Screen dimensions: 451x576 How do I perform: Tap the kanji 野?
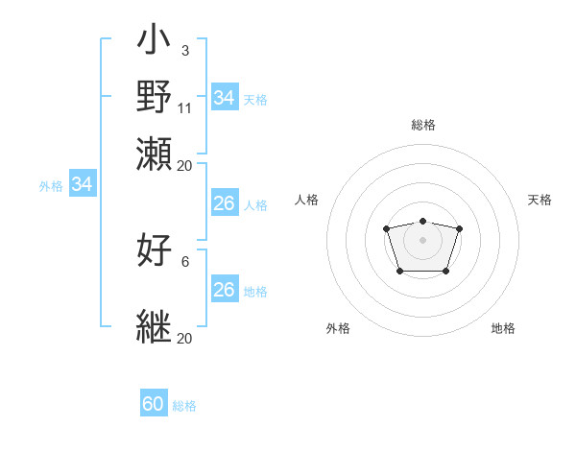[x=155, y=97]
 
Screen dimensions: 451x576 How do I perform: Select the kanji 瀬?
[x=155, y=153]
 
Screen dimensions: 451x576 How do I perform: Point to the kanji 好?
[x=155, y=249]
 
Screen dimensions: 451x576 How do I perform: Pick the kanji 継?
[x=155, y=324]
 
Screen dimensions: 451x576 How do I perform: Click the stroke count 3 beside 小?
[x=185, y=50]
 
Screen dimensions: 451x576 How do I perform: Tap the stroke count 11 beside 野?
[x=185, y=107]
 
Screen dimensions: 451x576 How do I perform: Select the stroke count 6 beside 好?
[x=185, y=261]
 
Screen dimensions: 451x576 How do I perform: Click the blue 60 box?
[x=154, y=404]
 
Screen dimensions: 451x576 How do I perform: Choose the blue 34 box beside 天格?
[x=224, y=98]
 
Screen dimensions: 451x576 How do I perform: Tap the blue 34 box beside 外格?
[x=82, y=184]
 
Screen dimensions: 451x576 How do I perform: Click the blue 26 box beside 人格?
[x=224, y=203]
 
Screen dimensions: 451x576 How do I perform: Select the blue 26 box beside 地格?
[x=224, y=290]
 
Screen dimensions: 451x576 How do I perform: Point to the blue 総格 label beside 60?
[x=185, y=406]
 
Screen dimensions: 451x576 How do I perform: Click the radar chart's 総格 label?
[x=423, y=125]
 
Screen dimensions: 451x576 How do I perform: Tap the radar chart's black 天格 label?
[x=540, y=200]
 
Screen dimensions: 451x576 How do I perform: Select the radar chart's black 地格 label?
[x=503, y=328]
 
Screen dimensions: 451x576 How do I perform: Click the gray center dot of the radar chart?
[x=422, y=239]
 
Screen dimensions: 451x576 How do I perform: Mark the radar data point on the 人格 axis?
[x=386, y=228]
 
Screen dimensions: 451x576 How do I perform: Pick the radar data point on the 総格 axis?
[x=422, y=221]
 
